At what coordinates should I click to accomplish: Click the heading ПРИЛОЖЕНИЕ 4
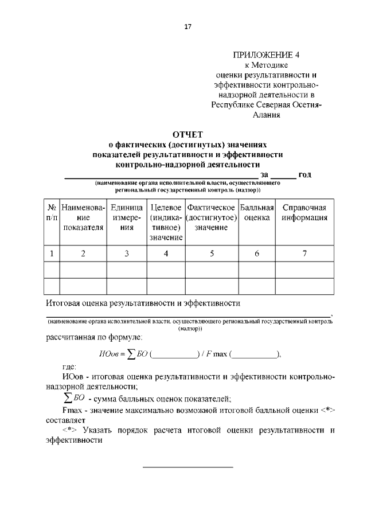point(258,55)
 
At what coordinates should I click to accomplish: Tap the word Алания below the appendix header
point(267,114)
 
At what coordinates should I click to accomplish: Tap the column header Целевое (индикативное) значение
point(166,222)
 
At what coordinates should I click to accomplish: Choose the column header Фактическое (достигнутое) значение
point(212,217)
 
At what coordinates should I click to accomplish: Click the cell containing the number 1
point(52,253)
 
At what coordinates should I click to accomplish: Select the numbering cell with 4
point(166,253)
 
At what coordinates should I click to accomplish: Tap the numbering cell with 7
point(304,253)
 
